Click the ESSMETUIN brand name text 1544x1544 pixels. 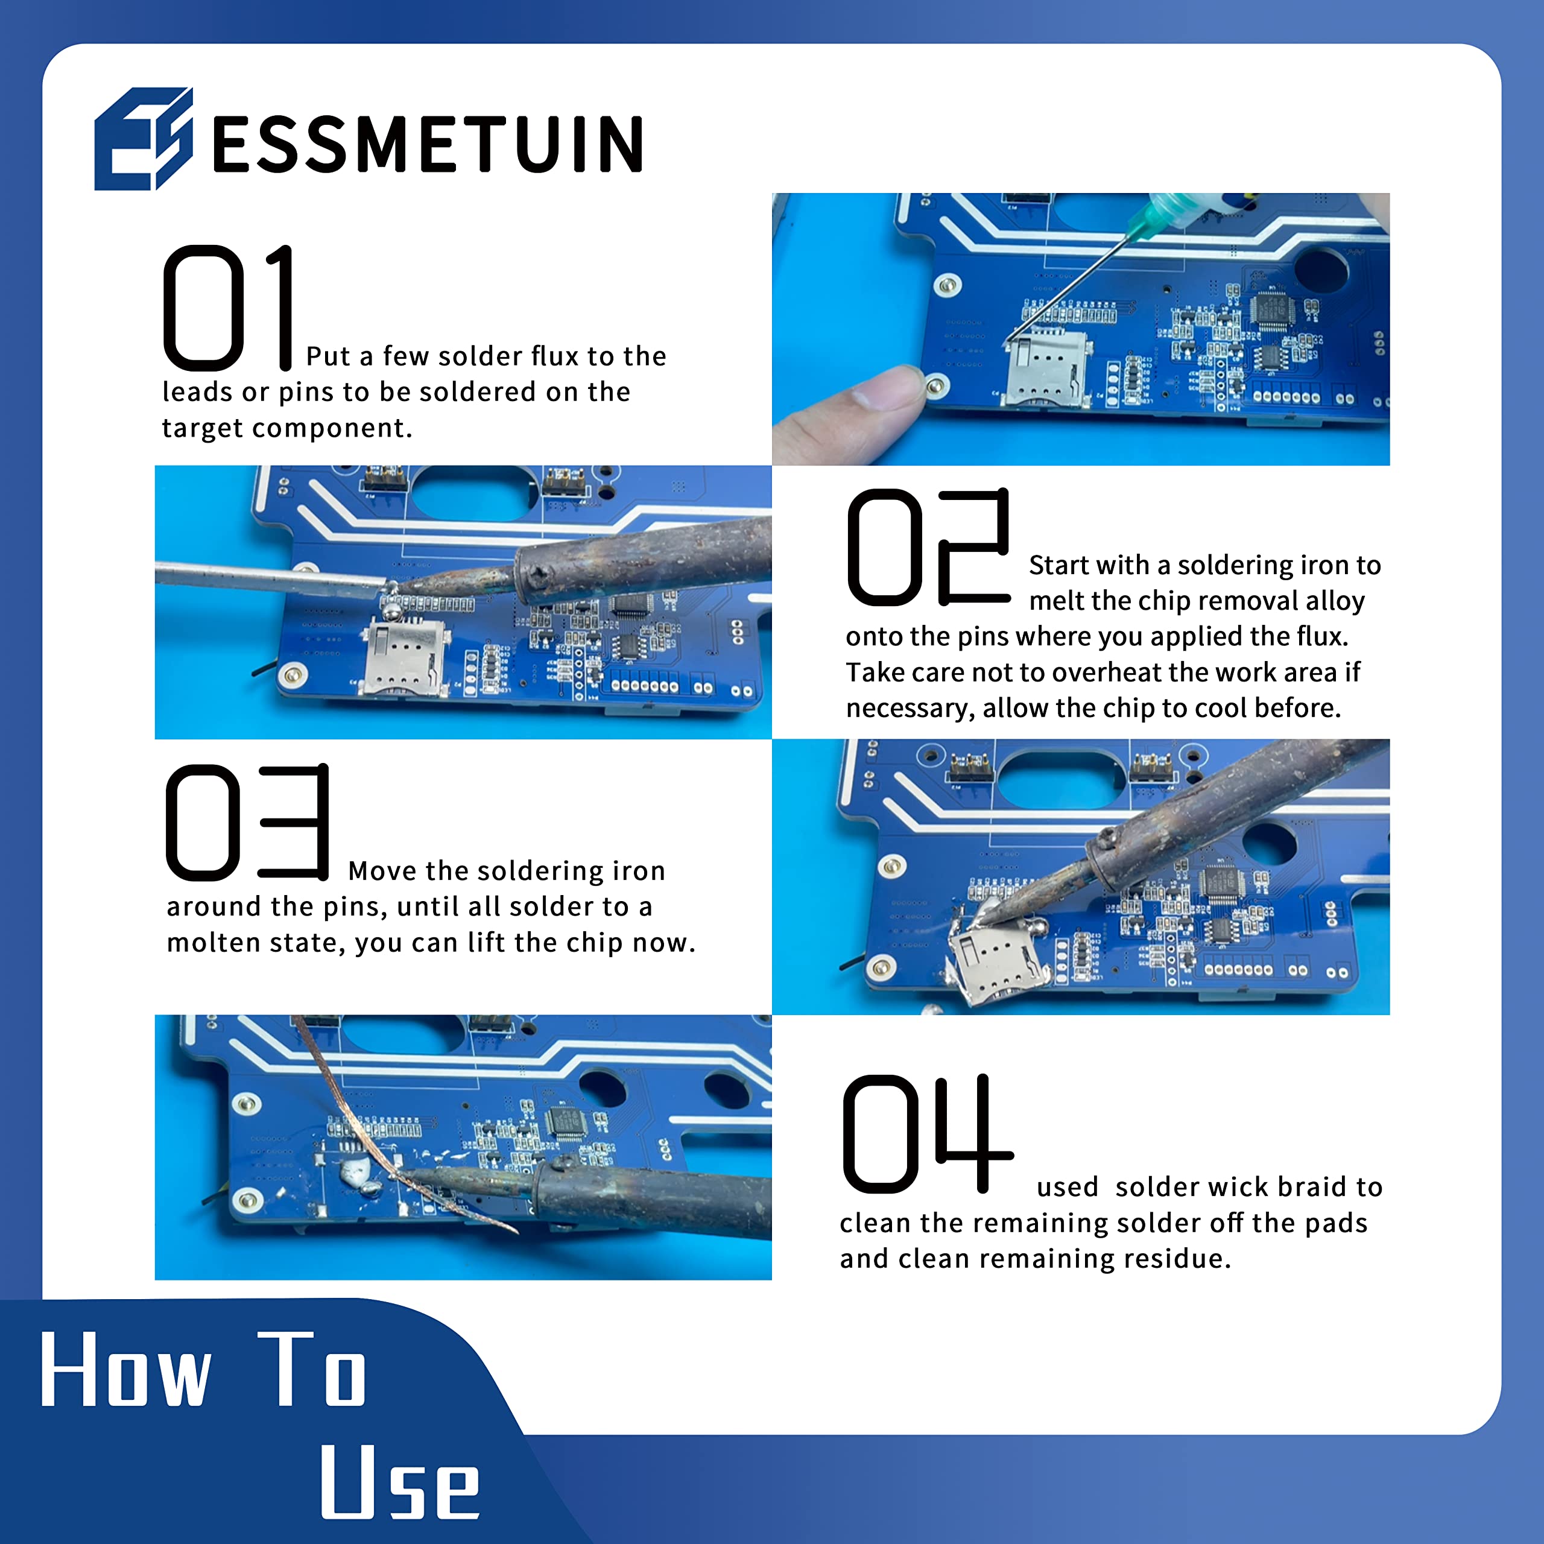click(428, 144)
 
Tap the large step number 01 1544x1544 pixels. click(229, 308)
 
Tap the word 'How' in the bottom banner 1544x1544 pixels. click(126, 1370)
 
